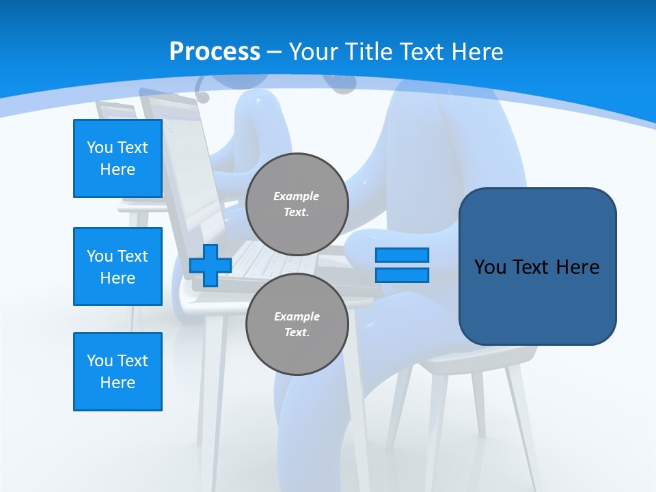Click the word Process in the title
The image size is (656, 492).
coord(215,52)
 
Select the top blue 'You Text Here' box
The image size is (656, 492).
coord(118,159)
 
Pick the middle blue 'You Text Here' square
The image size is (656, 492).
coord(118,266)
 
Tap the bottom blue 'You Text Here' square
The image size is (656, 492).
coord(118,372)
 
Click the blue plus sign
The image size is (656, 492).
coord(210,265)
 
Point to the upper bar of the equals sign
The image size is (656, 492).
coord(402,256)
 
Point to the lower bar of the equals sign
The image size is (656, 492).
coord(402,275)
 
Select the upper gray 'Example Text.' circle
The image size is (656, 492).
coord(297,204)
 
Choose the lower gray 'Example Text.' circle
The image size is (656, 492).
coord(297,325)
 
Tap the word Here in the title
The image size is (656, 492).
coord(478,52)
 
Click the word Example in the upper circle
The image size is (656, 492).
coord(297,196)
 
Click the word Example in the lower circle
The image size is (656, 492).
coord(297,316)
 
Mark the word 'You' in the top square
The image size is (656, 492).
coord(100,148)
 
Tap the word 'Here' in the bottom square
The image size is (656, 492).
coord(118,383)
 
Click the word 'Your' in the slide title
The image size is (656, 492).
coord(311,52)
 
